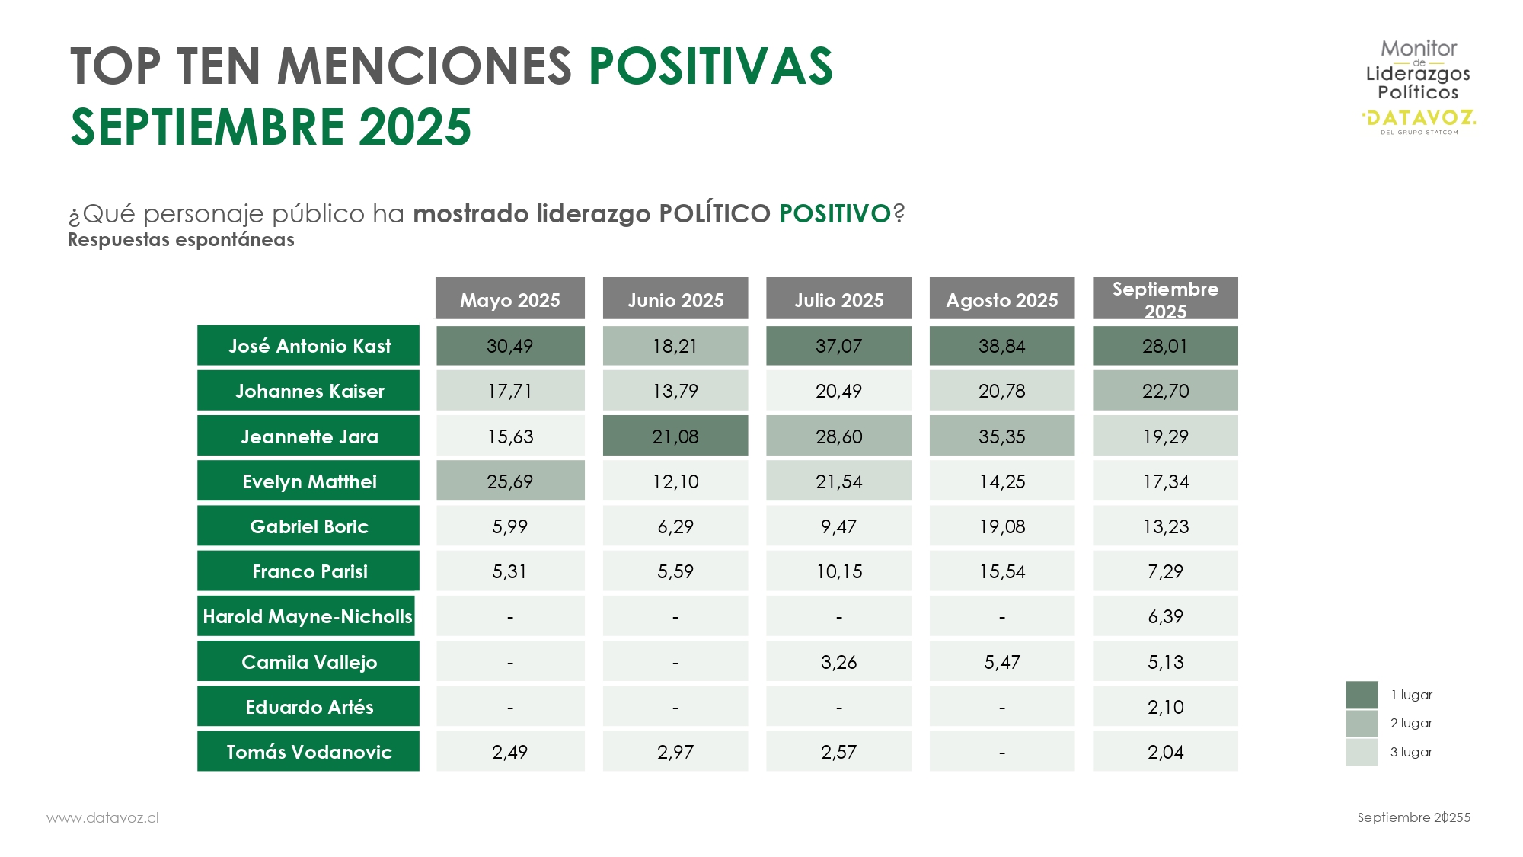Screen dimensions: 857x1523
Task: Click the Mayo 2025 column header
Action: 509,299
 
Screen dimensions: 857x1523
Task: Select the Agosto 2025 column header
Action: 1001,299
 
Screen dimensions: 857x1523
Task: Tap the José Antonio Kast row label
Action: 308,346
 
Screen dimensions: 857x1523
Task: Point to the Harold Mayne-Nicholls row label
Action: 307,616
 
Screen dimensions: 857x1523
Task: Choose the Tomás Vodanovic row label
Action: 308,752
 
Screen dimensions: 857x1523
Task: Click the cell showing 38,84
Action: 1001,346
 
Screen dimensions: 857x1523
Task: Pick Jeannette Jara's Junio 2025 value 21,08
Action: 675,436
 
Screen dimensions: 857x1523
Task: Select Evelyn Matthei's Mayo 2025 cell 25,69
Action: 509,481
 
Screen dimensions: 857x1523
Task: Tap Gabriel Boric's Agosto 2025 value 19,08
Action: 1001,526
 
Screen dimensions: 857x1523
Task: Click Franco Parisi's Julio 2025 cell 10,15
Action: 838,571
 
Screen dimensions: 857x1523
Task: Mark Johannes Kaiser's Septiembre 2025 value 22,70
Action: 1165,391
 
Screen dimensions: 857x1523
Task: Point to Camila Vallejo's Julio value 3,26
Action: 838,662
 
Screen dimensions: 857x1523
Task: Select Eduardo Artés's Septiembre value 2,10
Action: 1165,707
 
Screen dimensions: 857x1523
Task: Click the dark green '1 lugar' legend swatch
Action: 1362,695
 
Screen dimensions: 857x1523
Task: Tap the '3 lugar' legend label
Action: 1411,752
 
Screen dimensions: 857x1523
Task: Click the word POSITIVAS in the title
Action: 710,66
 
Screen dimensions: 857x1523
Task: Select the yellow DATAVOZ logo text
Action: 1419,118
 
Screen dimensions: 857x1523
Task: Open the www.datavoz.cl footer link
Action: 103,817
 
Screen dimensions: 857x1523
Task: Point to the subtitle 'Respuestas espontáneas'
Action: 181,240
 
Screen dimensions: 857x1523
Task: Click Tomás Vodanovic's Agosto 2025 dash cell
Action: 1001,752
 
